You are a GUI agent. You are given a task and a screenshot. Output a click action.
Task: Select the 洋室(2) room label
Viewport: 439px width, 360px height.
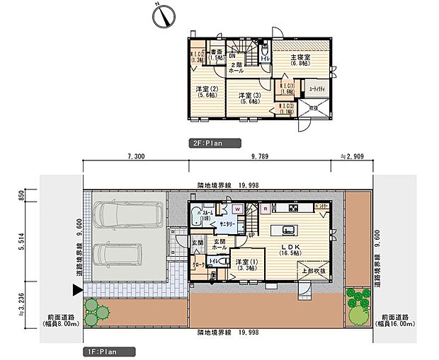pos(206,93)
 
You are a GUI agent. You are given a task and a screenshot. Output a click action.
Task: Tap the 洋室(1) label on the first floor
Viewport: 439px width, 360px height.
pos(246,266)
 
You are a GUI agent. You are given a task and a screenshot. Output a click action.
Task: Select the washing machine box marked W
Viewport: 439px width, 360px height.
pos(237,209)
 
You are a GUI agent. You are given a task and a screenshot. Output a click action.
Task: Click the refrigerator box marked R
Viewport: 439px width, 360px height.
pos(264,209)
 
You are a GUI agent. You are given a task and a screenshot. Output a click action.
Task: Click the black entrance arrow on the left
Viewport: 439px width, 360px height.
pos(76,289)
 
